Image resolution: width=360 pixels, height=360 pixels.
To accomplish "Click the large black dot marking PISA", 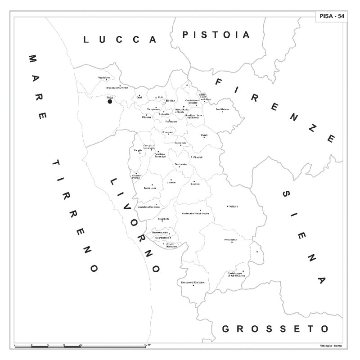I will pos(110,102).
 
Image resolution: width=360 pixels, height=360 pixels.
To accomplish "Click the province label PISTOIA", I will pos(216,35).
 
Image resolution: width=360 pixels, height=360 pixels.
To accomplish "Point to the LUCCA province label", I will pos(120,40).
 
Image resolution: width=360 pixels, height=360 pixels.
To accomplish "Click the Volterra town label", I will pos(233,206).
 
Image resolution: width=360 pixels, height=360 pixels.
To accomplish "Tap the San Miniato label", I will pos(222,109).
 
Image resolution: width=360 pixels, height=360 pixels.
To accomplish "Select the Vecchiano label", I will pos(104,78).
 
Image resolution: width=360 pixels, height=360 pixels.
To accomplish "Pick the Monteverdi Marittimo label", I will pos(193,282).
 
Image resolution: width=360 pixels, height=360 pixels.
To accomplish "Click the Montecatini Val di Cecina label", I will pos(195,213).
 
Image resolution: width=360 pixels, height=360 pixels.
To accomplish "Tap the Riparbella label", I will pos(164,219).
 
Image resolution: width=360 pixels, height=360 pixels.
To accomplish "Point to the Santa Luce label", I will pos(150,188).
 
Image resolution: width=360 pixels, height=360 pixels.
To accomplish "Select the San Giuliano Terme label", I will pos(117,88).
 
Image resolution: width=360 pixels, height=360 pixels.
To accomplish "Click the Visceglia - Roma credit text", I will pos(332,346).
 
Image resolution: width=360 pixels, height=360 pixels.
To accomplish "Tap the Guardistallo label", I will pos(162,237).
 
